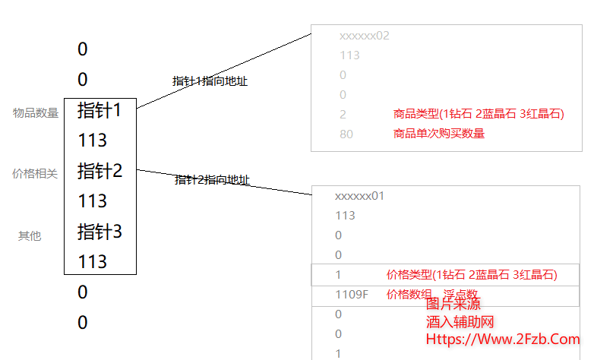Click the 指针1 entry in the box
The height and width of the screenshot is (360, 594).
click(x=100, y=110)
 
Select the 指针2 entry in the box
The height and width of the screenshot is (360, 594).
click(x=100, y=171)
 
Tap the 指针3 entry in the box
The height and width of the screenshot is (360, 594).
click(x=100, y=232)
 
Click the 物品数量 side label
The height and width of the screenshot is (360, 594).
click(x=36, y=113)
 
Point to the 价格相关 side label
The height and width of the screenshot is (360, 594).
click(x=35, y=174)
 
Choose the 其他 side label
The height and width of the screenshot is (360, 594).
click(x=30, y=236)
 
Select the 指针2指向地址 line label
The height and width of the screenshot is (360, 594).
click(x=212, y=180)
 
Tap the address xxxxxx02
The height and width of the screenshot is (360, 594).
click(x=365, y=36)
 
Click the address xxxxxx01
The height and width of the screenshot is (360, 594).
click(x=360, y=196)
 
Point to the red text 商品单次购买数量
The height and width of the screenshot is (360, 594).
click(x=439, y=134)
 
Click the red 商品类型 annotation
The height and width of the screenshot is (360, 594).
click(x=479, y=114)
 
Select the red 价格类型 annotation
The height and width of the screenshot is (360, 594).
click(x=472, y=274)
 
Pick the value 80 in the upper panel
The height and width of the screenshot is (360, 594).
click(x=346, y=134)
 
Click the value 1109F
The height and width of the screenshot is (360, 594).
click(x=351, y=294)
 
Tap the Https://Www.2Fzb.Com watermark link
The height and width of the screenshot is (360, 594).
click(x=503, y=339)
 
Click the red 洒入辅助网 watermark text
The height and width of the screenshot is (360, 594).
click(x=460, y=322)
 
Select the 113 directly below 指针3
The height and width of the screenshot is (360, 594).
click(x=93, y=262)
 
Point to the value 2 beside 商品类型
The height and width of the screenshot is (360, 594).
click(x=343, y=115)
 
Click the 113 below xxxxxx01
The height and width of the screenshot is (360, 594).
click(x=346, y=216)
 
